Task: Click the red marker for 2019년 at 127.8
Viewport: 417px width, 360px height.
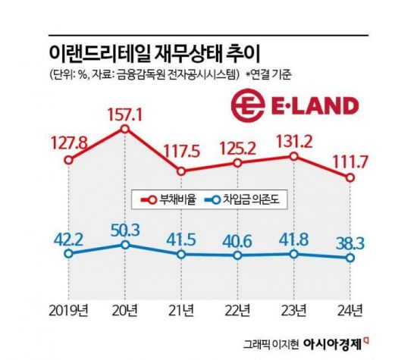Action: tap(68, 161)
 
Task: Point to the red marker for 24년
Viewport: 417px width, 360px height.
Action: tap(350, 178)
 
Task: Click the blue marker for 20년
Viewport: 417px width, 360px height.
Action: tap(124, 245)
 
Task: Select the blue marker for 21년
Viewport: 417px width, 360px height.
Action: tap(181, 255)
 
